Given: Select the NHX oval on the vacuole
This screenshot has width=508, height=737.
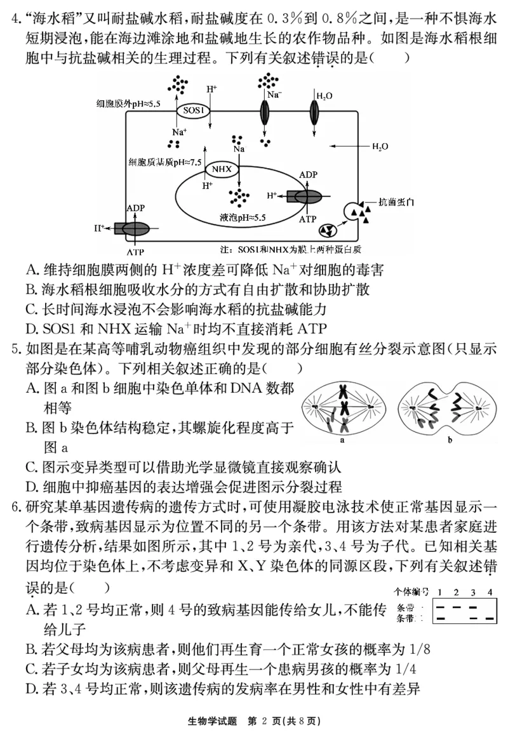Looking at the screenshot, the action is (x=222, y=169).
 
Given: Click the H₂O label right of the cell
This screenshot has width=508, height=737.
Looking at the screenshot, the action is (x=380, y=147).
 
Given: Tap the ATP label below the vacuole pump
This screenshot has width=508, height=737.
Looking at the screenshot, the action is (x=307, y=218).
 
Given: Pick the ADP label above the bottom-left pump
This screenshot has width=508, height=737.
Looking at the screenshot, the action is (x=135, y=207).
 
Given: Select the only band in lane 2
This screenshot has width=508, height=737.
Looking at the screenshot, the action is (x=456, y=607).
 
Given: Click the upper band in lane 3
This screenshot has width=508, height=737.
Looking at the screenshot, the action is (x=472, y=607).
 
